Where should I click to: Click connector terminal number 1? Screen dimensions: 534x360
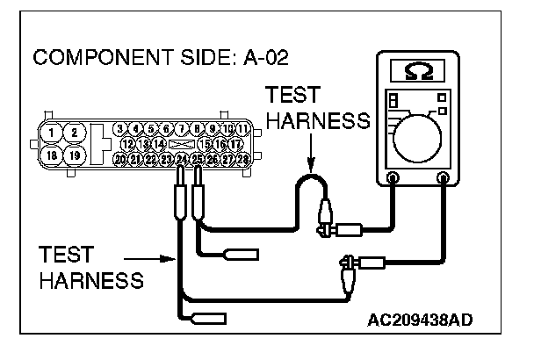(54, 133)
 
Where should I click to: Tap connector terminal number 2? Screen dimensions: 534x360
(76, 133)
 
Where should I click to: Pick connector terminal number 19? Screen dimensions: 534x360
(76, 155)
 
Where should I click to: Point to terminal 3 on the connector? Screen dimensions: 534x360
(120, 129)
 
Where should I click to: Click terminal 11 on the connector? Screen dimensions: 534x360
(242, 129)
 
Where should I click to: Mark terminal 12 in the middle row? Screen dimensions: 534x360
(127, 143)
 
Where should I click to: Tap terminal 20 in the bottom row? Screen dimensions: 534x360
(120, 159)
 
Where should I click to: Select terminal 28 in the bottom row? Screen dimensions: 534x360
(242, 159)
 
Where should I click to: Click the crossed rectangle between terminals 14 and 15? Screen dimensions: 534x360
(181, 143)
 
